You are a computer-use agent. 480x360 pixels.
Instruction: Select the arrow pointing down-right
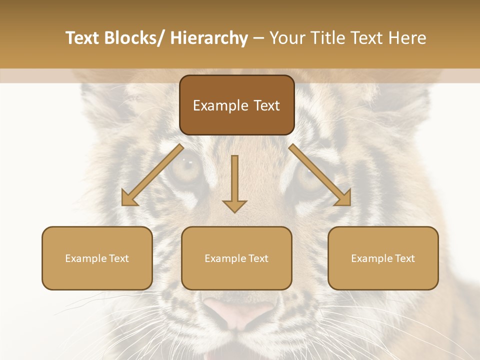(x=320, y=175)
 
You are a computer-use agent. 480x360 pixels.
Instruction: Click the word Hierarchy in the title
(x=209, y=38)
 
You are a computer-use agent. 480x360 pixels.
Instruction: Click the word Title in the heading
(x=329, y=38)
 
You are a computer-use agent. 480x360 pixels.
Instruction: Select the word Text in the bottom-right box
(x=404, y=258)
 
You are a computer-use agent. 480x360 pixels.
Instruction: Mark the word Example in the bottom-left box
(x=85, y=258)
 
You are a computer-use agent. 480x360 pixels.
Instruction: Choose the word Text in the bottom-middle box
(x=258, y=258)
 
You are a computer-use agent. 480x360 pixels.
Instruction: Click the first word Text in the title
(x=83, y=38)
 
